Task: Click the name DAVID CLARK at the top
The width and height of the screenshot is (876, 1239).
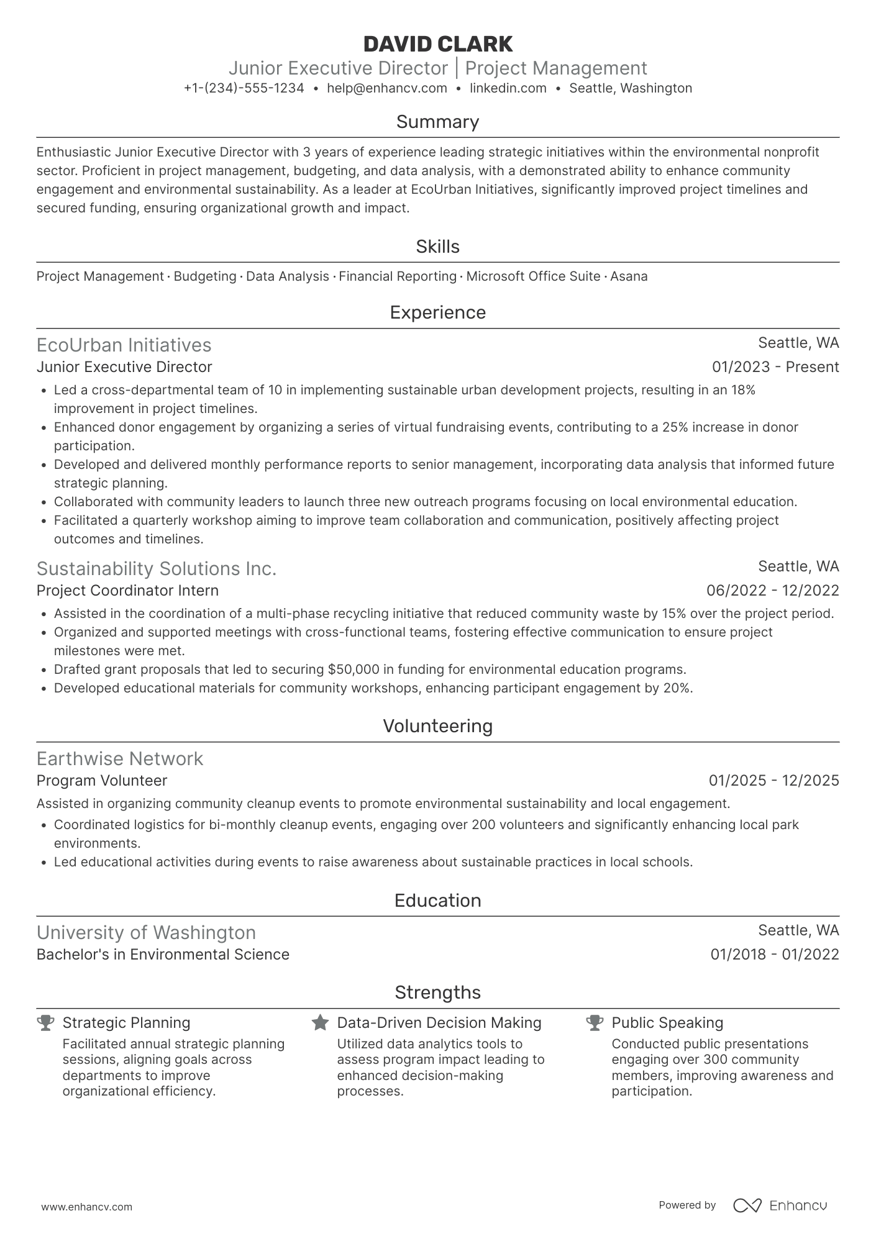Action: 437,44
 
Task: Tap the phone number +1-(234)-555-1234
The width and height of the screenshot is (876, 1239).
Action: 244,88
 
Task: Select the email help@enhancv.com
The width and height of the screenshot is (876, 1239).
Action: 386,88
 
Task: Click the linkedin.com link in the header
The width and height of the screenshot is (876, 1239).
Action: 508,88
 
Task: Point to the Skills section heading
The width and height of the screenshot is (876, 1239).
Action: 437,247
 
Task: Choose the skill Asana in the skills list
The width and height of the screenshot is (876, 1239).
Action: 629,276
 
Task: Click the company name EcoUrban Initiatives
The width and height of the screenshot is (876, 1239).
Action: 124,345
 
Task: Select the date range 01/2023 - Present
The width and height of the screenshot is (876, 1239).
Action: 775,367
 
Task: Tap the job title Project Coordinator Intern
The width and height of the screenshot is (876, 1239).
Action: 127,590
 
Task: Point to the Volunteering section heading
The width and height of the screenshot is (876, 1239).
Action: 437,726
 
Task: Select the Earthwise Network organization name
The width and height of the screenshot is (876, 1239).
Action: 120,758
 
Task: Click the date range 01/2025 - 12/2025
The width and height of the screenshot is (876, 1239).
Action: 773,781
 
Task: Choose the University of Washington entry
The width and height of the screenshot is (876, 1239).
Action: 146,932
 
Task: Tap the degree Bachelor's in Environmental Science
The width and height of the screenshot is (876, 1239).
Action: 163,955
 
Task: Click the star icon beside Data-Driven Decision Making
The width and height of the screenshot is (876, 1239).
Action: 320,1023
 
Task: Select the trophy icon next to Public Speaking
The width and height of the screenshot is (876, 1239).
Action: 595,1023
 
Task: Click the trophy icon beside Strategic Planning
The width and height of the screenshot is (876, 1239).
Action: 45,1023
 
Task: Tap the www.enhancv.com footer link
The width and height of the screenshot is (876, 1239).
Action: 86,1207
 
